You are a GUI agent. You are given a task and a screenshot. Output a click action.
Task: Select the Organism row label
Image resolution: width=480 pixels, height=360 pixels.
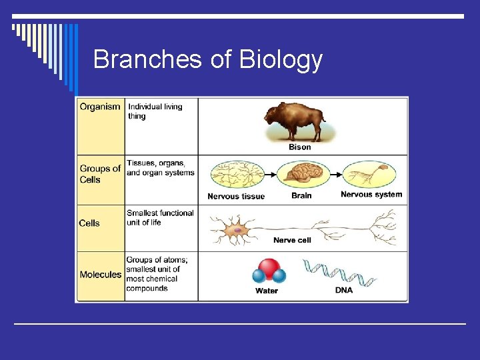pyautogui.click(x=100, y=107)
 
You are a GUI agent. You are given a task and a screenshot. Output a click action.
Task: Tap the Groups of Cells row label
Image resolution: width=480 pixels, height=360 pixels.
pyautogui.click(x=100, y=174)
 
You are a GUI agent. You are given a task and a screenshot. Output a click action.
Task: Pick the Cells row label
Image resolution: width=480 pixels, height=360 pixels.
pyautogui.click(x=89, y=223)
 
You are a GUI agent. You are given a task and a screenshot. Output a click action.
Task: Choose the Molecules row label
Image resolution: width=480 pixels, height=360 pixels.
pyautogui.click(x=101, y=275)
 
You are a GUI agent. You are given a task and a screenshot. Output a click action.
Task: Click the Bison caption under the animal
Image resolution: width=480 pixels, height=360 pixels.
pyautogui.click(x=299, y=147)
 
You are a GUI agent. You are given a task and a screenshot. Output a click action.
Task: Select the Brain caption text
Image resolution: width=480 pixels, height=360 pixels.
pyautogui.click(x=301, y=196)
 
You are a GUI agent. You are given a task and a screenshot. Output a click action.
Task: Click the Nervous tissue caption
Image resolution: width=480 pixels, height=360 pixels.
pyautogui.click(x=236, y=197)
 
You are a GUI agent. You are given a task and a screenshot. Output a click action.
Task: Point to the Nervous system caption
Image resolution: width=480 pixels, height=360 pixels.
pyautogui.click(x=371, y=195)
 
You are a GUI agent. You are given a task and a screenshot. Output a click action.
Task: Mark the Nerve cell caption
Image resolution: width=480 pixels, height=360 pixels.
pyautogui.click(x=292, y=240)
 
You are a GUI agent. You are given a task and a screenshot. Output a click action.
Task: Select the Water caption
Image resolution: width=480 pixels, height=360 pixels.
pyautogui.click(x=267, y=291)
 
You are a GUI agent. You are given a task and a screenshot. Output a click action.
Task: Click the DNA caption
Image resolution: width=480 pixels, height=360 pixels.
pyautogui.click(x=344, y=291)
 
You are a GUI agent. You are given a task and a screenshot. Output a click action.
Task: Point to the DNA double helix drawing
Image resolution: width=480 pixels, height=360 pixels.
pyautogui.click(x=339, y=273)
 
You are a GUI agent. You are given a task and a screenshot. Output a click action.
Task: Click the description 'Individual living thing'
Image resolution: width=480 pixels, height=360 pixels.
pyautogui.click(x=155, y=111)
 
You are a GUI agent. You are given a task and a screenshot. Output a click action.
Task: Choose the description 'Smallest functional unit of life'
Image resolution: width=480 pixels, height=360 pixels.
pyautogui.click(x=160, y=217)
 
